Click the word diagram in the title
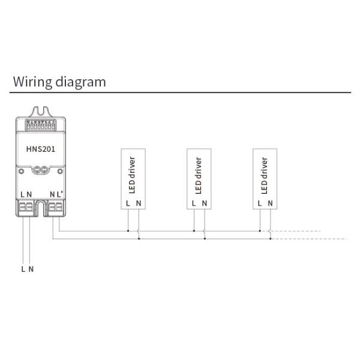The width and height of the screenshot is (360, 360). click(78, 82)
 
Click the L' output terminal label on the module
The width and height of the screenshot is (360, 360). click(61, 194)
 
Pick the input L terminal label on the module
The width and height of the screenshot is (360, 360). click(22, 194)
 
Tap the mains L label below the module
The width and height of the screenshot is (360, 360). click(23, 269)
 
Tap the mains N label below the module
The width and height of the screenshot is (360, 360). click(31, 269)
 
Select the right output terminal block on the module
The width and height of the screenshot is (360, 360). click(56, 208)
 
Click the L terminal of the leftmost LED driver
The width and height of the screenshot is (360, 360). click(128, 204)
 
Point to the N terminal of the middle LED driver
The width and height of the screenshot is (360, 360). click(205, 204)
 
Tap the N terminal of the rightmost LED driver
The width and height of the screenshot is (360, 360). click(271, 204)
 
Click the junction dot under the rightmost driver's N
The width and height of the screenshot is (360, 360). click(270, 238)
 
